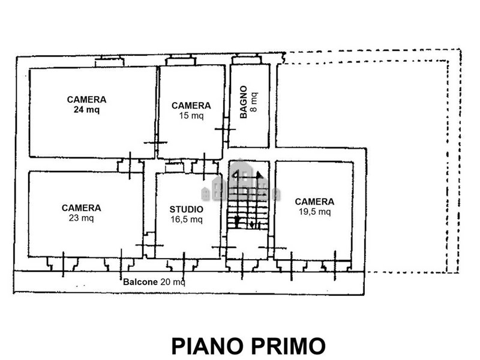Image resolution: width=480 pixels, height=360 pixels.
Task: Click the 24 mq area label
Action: click(86, 110)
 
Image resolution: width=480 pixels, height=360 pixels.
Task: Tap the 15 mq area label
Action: click(191, 116)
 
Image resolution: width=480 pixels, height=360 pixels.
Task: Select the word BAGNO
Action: click(244, 102)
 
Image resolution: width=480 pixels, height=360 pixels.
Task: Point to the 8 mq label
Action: click(254, 102)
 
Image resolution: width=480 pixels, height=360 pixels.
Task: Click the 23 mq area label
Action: click(82, 218)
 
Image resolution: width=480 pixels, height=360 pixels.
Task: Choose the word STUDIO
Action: click(187, 209)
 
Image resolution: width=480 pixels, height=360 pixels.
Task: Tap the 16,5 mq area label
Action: click(187, 220)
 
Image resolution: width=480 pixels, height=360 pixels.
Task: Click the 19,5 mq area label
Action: click(314, 212)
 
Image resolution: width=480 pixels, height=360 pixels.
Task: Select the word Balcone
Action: click(140, 282)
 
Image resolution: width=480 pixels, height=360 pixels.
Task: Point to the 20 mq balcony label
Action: click(173, 282)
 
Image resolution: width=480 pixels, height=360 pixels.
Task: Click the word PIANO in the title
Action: click(208, 346)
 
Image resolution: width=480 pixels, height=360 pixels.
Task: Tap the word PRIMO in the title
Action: click(289, 346)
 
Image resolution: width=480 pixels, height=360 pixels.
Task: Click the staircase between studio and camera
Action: click(248, 199)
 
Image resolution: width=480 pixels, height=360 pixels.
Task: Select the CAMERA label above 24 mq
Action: click(86, 100)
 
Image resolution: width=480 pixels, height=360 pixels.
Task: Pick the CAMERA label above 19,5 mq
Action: click(314, 202)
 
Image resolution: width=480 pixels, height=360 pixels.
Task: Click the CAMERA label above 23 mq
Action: click(82, 208)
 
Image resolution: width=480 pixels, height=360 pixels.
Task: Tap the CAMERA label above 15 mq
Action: click(191, 106)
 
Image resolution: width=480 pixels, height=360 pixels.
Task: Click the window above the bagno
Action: click(246, 59)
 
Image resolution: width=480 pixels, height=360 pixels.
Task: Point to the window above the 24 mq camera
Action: click(110, 61)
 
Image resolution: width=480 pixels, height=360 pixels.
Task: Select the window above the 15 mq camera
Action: click(181, 61)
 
